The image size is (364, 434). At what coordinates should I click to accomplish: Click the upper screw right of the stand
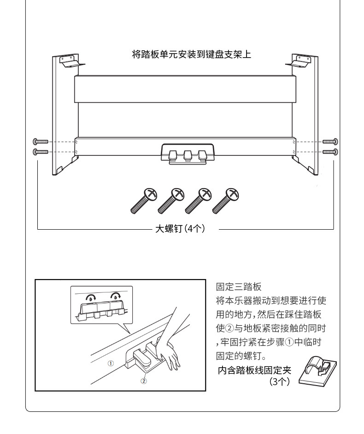coord(330,142)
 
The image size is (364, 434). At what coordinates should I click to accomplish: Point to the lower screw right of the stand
coord(330,151)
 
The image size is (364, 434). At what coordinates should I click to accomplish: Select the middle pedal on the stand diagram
coord(188,155)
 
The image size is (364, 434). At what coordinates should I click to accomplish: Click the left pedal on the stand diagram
coord(173,155)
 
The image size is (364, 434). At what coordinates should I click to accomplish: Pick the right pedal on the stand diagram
coord(202,155)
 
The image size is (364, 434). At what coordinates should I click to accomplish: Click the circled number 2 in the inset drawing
coord(144,381)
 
